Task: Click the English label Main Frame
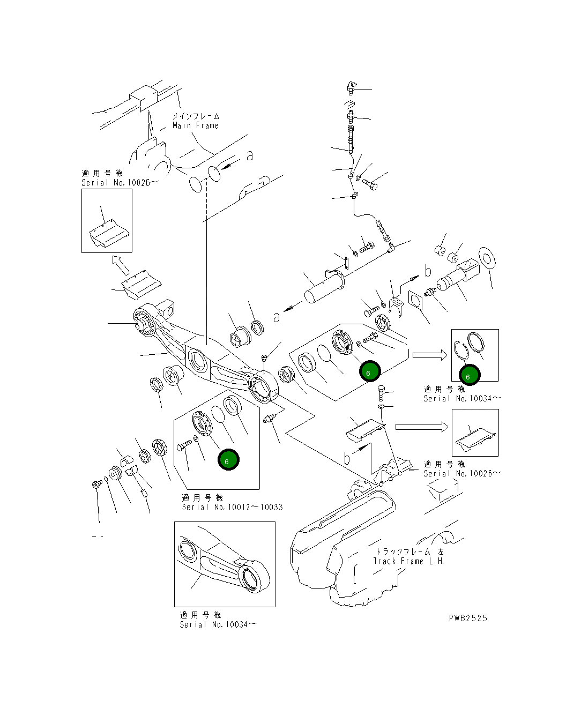tap(195, 125)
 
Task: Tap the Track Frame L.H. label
tap(408, 561)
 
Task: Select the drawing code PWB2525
tap(468, 618)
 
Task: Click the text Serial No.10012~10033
tap(232, 507)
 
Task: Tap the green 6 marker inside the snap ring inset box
tap(468, 376)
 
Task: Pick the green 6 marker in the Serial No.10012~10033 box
tap(228, 460)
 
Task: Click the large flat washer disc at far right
tap(487, 259)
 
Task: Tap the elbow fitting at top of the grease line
tap(351, 85)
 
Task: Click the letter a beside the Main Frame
tap(249, 155)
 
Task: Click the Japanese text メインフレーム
tap(196, 116)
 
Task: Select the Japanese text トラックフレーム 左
tap(408, 551)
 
